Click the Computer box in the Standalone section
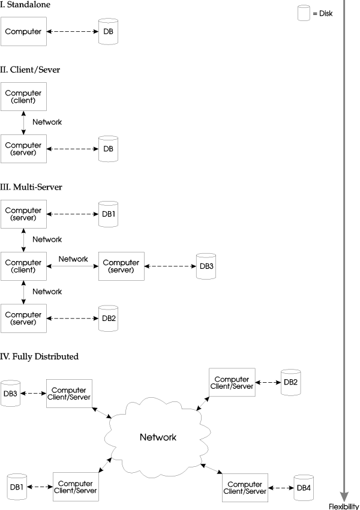click(23, 32)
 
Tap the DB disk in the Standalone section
click(108, 31)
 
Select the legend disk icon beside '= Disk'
click(304, 13)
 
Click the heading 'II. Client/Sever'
click(30, 70)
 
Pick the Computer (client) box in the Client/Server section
click(23, 97)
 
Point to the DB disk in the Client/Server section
click(108, 149)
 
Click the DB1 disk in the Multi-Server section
click(108, 214)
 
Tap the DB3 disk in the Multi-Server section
click(206, 266)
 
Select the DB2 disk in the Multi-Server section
click(108, 319)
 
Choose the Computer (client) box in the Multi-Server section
click(23, 266)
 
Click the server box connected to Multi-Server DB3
click(121, 266)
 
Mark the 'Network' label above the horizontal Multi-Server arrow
click(73, 259)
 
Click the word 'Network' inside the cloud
click(158, 437)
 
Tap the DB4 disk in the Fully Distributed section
click(304, 488)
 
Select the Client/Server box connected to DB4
click(245, 488)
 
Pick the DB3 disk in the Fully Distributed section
click(10, 394)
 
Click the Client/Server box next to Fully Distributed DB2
click(232, 382)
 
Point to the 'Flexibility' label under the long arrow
click(344, 506)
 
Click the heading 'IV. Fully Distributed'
click(40, 356)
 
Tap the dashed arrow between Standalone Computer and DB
click(73, 32)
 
